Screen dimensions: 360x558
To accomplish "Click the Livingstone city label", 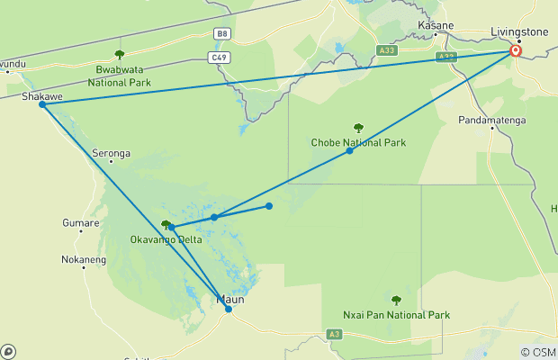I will tap(519, 31).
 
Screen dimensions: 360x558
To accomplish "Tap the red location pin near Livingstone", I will tap(516, 51).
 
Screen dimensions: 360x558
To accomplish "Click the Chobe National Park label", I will tap(358, 142).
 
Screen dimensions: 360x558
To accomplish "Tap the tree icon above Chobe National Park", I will tap(358, 128).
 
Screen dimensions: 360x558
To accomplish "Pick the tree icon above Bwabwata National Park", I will tap(120, 55).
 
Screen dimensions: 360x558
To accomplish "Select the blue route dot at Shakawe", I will tap(42, 105).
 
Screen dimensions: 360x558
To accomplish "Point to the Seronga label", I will tap(112, 153).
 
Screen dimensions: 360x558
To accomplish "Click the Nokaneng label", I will tap(84, 260).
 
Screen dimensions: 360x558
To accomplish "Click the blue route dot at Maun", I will tap(229, 309).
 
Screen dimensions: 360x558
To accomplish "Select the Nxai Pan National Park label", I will tap(397, 315).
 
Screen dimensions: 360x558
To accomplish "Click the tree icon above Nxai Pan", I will tap(396, 301).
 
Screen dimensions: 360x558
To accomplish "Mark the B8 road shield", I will tap(221, 33).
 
